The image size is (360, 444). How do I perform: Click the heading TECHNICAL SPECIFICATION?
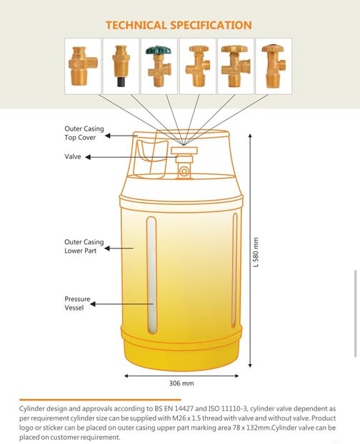click(179, 25)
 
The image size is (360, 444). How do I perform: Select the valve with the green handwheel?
click(159, 66)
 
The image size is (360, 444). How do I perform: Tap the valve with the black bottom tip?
click(121, 66)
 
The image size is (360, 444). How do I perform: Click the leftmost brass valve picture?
click(83, 66)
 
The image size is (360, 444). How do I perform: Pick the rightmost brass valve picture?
click(274, 66)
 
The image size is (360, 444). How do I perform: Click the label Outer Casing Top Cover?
click(84, 133)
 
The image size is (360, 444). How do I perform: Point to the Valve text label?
click(73, 156)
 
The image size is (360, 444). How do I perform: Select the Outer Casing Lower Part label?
click(84, 246)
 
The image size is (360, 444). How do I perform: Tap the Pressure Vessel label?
click(77, 303)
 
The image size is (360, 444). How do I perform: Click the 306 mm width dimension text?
click(181, 383)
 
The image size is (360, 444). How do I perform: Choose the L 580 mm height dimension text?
click(256, 252)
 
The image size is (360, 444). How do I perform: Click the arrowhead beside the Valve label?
click(88, 157)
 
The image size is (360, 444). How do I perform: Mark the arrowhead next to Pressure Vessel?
click(93, 304)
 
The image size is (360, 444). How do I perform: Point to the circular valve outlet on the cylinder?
click(184, 171)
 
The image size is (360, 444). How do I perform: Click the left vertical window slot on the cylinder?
click(152, 275)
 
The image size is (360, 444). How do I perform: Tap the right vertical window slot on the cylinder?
click(234, 271)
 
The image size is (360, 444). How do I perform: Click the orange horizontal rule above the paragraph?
click(100, 400)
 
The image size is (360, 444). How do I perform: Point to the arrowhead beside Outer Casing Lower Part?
click(107, 248)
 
